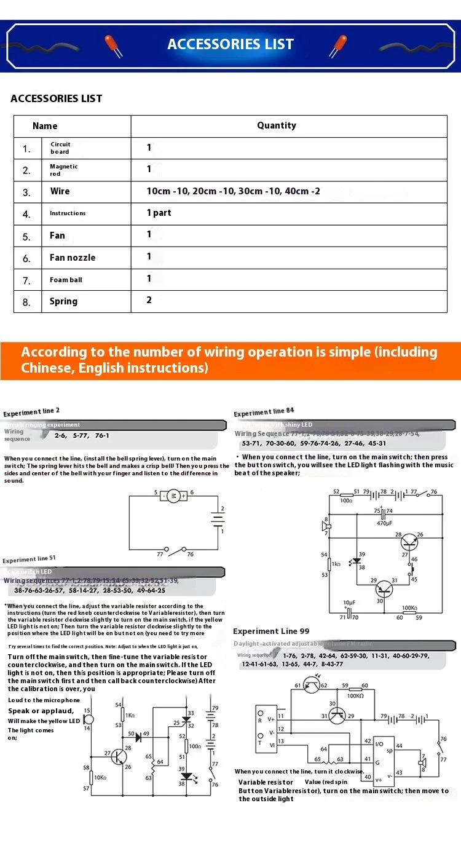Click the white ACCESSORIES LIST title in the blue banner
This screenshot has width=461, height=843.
(230, 44)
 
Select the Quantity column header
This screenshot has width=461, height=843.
(276, 125)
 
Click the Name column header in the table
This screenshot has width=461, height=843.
(45, 126)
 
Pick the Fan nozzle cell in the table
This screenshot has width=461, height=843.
(73, 258)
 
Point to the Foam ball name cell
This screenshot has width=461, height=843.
(66, 280)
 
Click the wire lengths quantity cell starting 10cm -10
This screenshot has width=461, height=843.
(233, 191)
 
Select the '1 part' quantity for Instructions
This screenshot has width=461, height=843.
(159, 213)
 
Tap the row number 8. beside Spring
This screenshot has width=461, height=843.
(26, 302)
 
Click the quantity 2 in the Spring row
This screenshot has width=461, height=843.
(149, 300)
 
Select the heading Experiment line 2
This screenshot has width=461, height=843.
(31, 413)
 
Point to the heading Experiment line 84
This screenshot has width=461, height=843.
(264, 412)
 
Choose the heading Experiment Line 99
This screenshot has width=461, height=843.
(271, 631)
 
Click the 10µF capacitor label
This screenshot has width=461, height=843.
(349, 603)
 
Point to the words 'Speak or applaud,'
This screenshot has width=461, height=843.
(41, 711)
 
